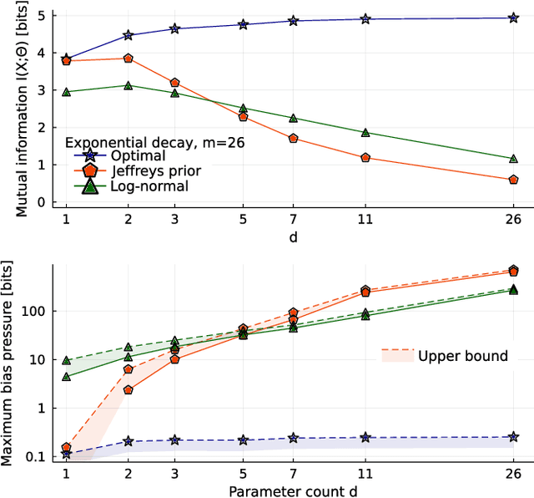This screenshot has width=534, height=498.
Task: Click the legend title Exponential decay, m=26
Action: [155, 141]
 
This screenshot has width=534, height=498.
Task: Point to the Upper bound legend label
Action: [463, 356]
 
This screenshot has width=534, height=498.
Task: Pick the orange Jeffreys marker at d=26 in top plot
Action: [514, 179]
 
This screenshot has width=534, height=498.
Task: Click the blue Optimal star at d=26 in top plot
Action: [514, 18]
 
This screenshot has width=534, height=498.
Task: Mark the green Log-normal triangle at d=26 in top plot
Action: [514, 158]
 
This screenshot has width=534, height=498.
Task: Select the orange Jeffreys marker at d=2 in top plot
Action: [128, 58]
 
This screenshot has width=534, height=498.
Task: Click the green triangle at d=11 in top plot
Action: [365, 132]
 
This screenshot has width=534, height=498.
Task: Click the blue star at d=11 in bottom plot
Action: [365, 438]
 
